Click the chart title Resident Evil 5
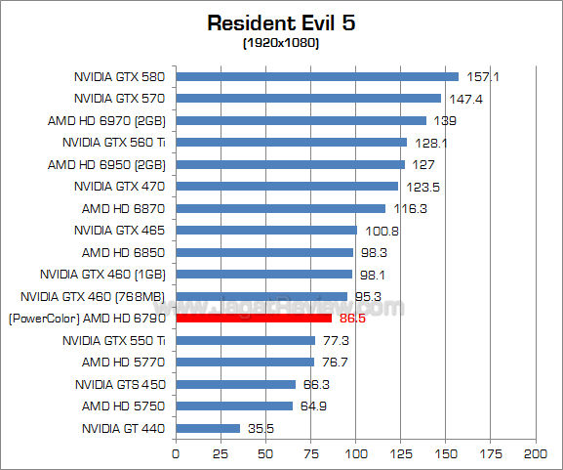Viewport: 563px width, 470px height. point(281,22)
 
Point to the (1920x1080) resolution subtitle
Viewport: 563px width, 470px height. point(281,43)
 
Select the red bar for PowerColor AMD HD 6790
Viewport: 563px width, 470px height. point(254,318)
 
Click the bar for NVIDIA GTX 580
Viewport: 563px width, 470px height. point(317,76)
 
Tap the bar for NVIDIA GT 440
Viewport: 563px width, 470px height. point(208,428)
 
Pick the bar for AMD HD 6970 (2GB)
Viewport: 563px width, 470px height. point(301,120)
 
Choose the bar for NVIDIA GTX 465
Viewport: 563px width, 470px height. point(266,230)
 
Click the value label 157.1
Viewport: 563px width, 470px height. point(478,76)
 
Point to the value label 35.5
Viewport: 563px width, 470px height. point(259,428)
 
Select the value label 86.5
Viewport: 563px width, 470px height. point(351,319)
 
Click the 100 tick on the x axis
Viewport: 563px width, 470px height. point(356,454)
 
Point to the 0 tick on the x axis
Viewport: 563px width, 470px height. point(176,454)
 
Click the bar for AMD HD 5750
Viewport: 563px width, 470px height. point(234,406)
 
